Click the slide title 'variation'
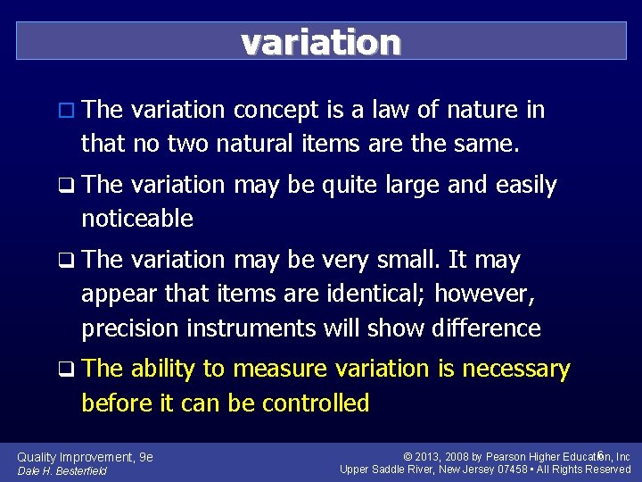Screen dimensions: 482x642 (321, 42)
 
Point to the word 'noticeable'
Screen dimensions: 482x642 (137, 218)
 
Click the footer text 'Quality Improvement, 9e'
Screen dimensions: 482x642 (85, 457)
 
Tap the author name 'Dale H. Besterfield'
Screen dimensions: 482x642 (62, 470)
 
